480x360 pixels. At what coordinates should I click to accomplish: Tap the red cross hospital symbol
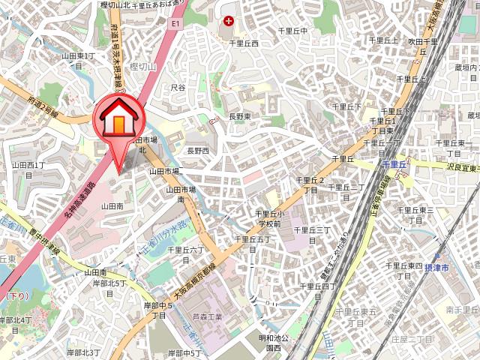coord(228,21)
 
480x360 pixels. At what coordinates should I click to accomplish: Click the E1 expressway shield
coord(175,24)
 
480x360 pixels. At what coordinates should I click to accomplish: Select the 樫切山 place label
coord(142,67)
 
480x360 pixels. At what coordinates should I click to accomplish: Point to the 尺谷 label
coord(178,88)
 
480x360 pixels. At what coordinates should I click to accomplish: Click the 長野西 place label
coord(199,151)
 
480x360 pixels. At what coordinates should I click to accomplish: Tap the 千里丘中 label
coord(293,31)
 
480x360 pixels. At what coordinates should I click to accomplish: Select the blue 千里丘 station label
coord(392,163)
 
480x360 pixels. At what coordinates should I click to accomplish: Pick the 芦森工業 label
coord(208,317)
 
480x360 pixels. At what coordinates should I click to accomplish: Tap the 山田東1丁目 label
coord(78,60)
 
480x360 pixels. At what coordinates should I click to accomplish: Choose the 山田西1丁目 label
coord(28,169)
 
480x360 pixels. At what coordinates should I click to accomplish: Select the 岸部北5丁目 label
coord(109,287)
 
